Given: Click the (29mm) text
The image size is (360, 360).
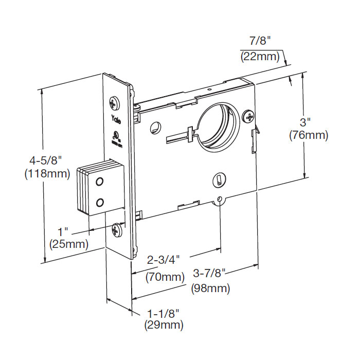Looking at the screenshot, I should (164, 325).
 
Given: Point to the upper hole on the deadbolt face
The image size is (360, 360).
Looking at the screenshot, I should (100, 182).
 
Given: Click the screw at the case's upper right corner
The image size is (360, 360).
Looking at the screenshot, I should (250, 116).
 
